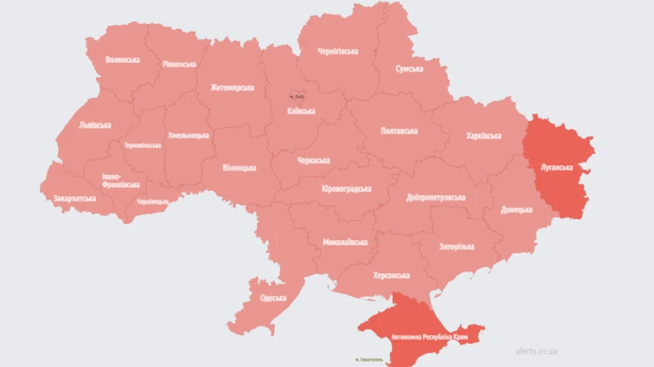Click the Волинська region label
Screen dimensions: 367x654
coord(122,60)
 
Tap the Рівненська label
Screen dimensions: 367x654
coord(178,64)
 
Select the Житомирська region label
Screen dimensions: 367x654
coord(232,88)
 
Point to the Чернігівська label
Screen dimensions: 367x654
coord(338,51)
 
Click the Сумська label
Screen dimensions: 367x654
coord(409,68)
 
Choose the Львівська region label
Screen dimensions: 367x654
coord(94,125)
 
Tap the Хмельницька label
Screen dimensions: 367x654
coord(188,135)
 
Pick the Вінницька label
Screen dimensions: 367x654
coord(239,168)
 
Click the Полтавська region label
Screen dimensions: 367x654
coord(399,131)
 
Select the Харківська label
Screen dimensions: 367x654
coord(483,136)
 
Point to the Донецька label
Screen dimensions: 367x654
coord(517,210)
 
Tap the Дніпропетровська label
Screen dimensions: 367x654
coord(436,197)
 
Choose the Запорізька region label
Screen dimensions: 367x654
coord(456,246)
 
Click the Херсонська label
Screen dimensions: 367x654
coord(391,275)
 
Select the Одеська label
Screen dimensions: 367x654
coord(273,298)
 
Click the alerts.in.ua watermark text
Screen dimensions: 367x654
coord(536,351)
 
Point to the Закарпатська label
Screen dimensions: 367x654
coord(74,198)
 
